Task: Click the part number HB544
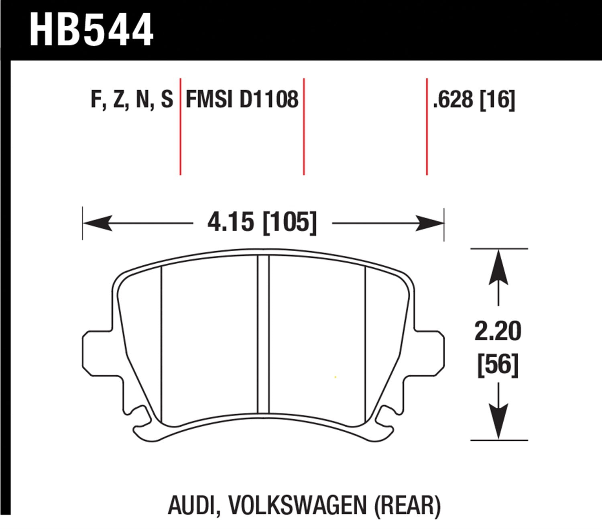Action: pos(92,30)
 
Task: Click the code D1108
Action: pos(269,100)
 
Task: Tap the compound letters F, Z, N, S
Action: pos(132,100)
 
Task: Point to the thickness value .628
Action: pos(453,100)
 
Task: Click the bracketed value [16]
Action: pos(498,100)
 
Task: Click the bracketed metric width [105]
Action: pos(289,222)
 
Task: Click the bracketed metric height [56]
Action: pos(498,365)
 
